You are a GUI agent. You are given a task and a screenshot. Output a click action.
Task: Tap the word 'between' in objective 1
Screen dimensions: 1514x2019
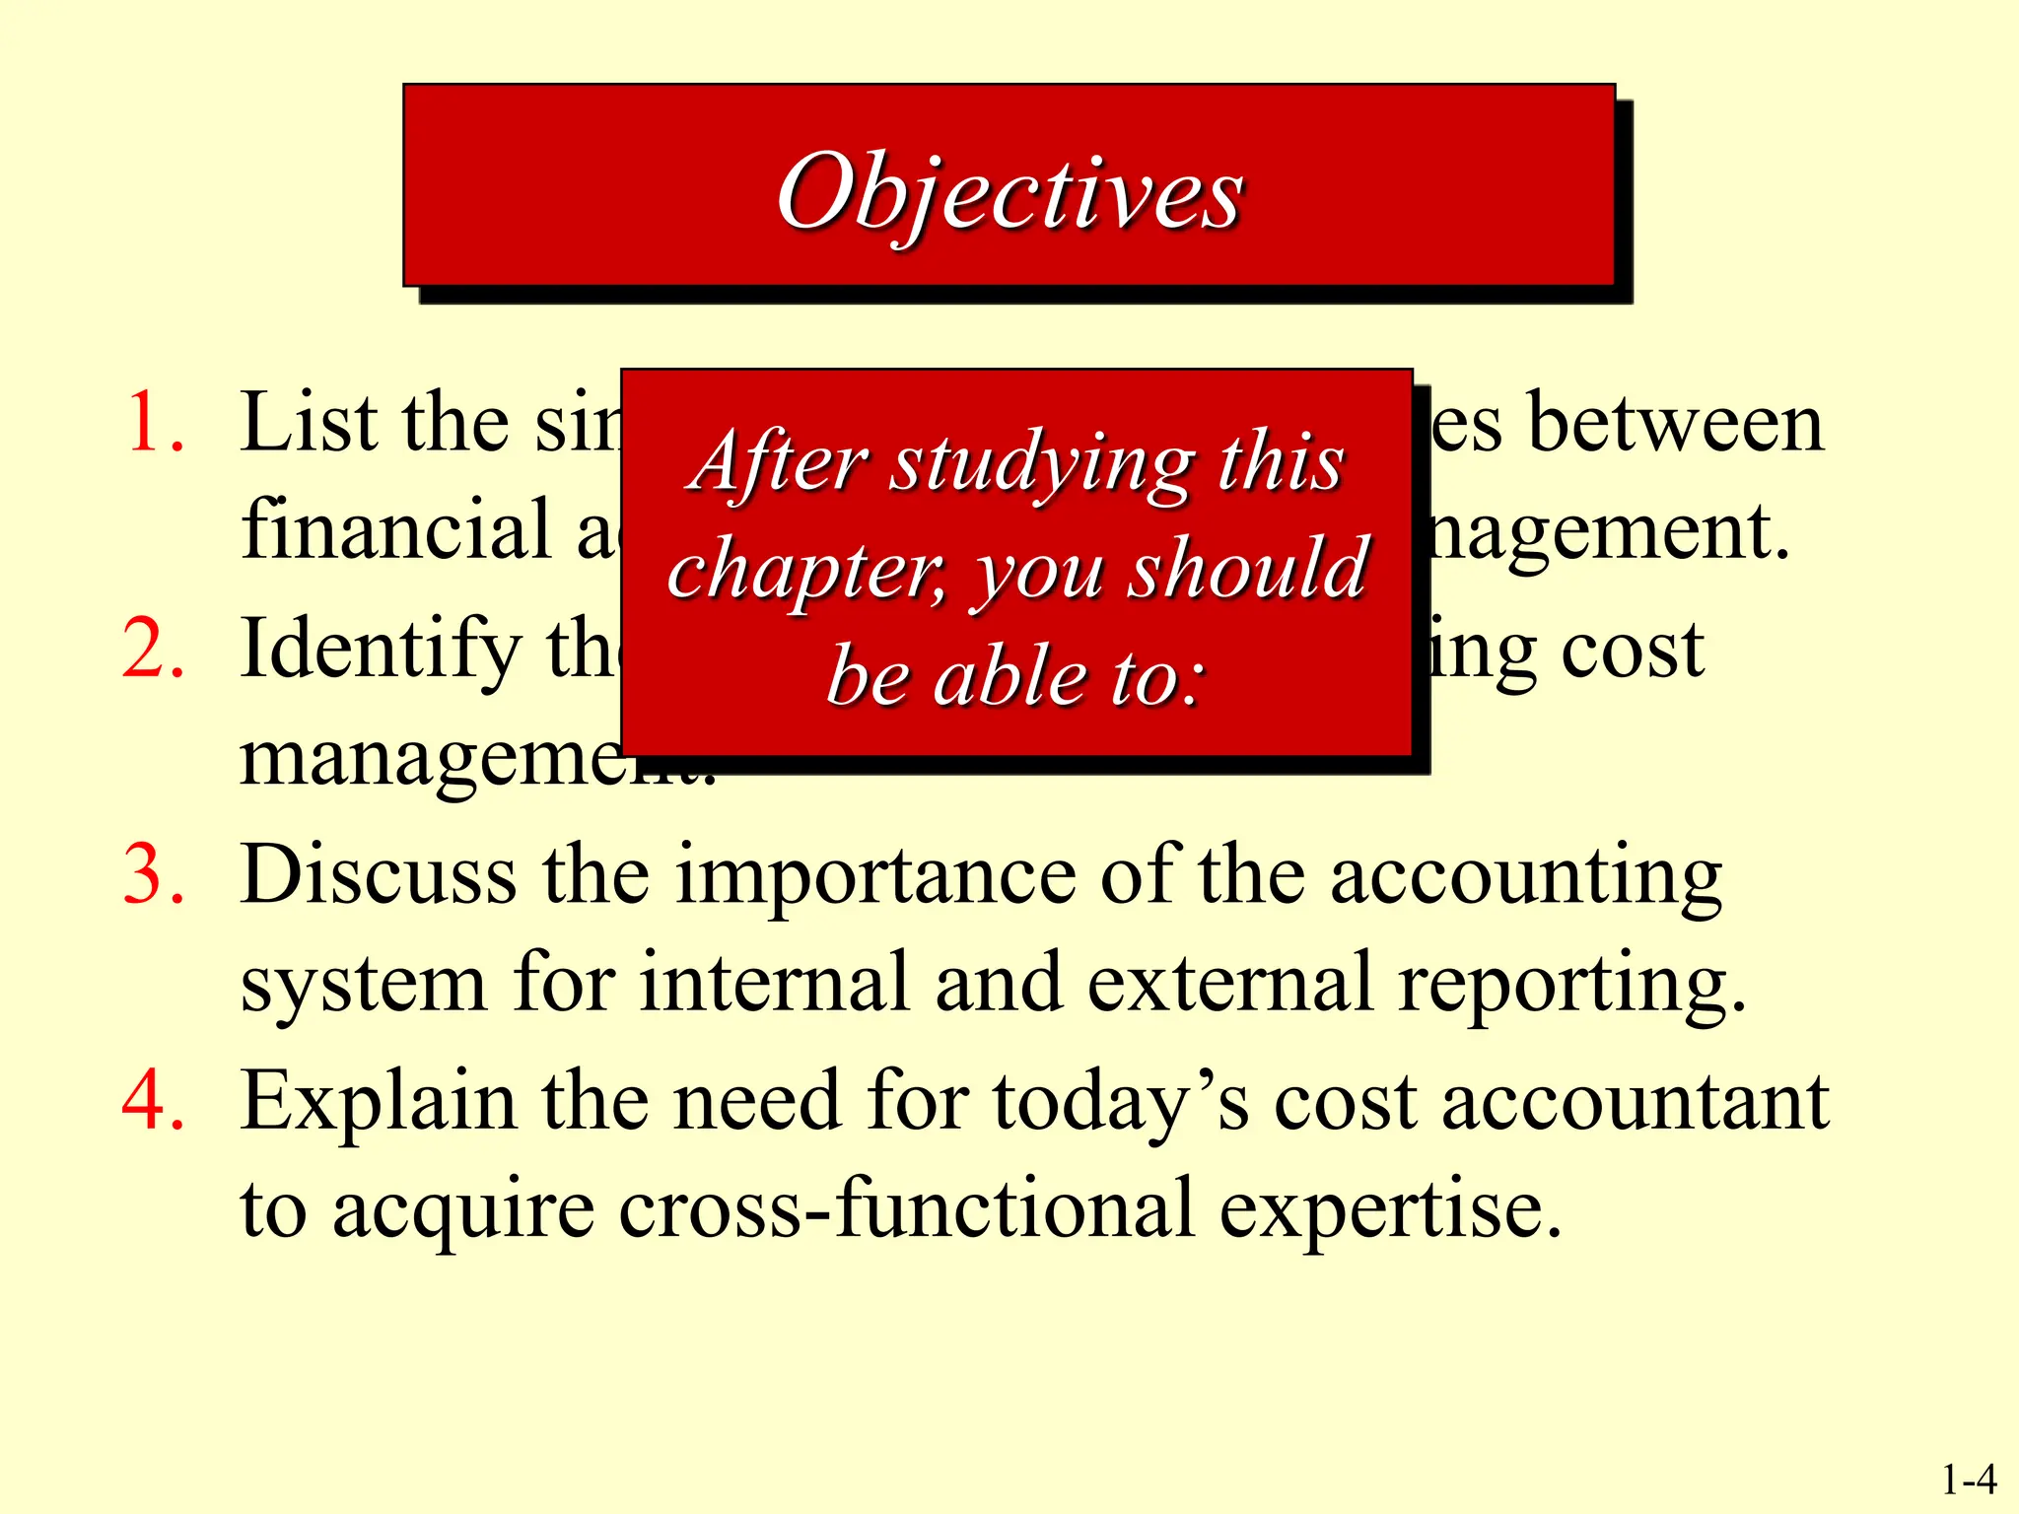coord(1675,424)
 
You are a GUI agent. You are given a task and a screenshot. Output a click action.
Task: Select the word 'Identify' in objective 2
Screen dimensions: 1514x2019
coord(380,651)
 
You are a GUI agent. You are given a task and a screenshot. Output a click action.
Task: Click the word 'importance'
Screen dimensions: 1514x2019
coord(875,876)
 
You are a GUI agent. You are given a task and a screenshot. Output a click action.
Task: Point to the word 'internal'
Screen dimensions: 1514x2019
coord(774,983)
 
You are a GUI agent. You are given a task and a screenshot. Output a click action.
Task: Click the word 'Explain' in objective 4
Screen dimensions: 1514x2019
coord(379,1102)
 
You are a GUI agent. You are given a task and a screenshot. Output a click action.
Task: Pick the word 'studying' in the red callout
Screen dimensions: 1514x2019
coord(1041,463)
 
